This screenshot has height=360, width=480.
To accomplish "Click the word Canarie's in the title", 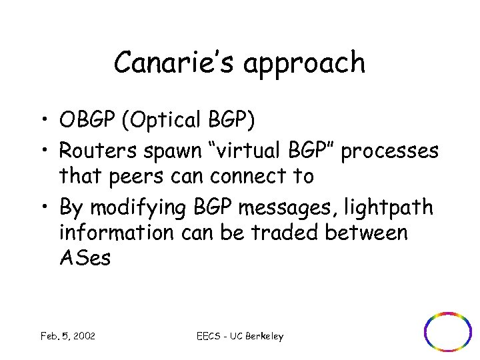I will click(169, 63).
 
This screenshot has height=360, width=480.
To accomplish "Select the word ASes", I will click(85, 259).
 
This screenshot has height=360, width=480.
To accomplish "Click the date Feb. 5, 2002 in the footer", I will click(67, 336).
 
